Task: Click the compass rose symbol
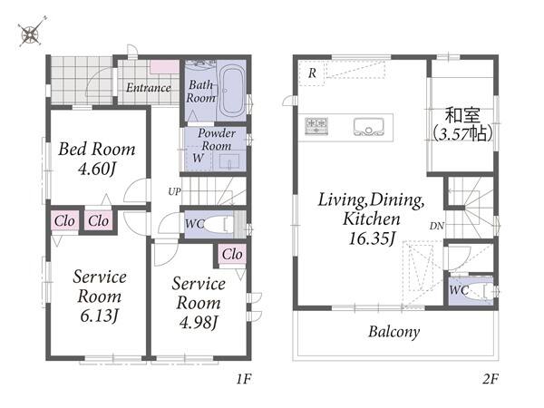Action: coord(32,33)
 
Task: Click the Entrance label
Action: coord(149,88)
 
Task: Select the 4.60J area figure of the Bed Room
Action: coord(97,170)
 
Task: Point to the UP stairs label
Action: coord(174,191)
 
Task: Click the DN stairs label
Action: coord(437,226)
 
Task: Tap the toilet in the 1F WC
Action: coord(218,225)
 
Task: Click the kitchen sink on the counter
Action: coord(368,127)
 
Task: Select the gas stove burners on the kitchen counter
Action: coord(316,126)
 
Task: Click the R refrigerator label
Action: coord(312,73)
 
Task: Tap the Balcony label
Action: coord(393,332)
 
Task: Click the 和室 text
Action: coord(462,115)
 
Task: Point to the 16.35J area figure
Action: coord(372,238)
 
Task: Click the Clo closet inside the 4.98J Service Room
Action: coord(232,254)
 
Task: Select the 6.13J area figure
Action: coord(99,316)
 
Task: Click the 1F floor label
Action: coord(244,379)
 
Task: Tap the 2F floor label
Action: coord(491,379)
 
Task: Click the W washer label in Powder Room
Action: coord(198,158)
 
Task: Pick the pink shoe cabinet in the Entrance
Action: coord(164,66)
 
